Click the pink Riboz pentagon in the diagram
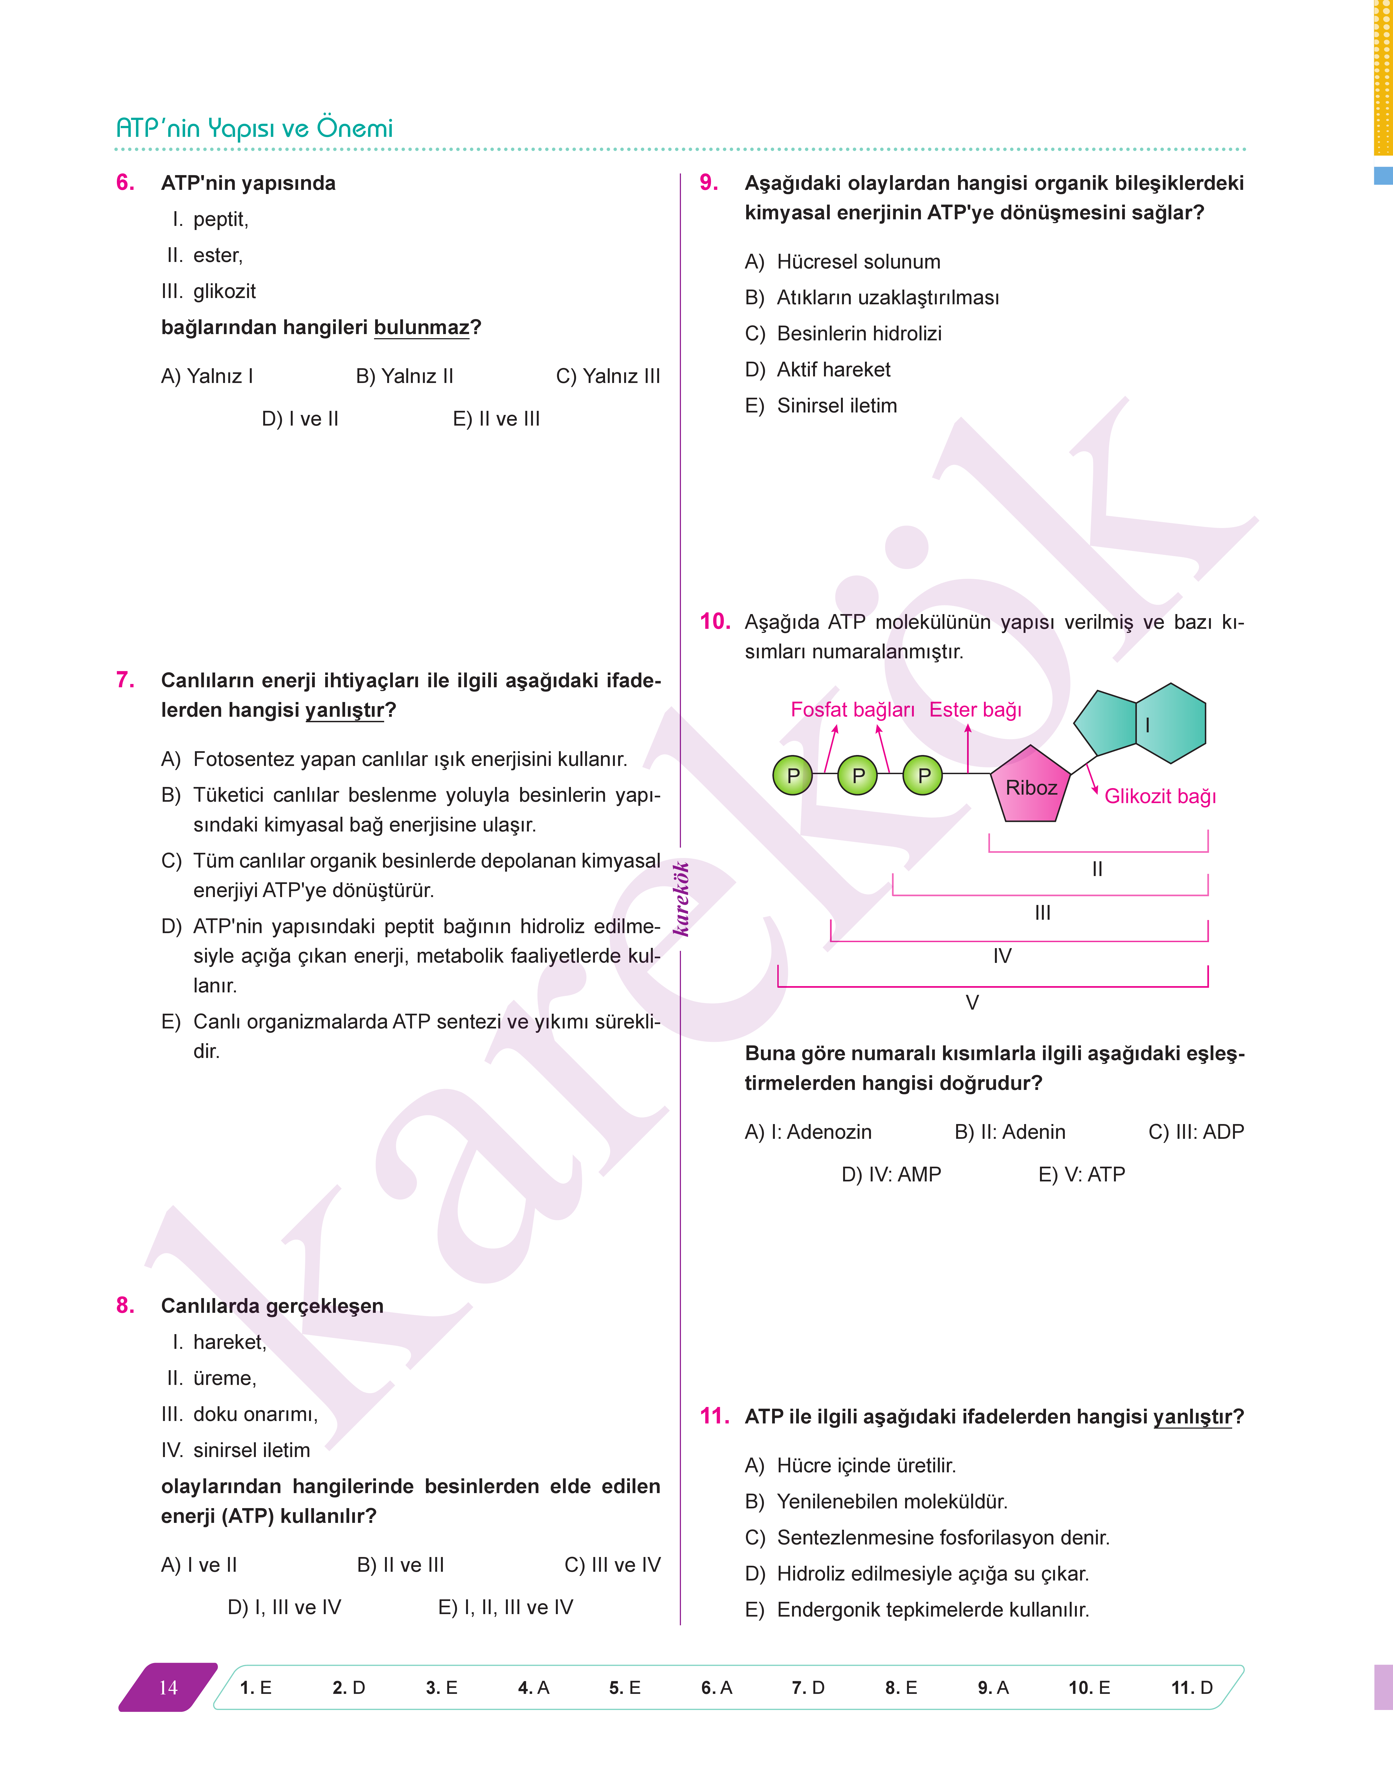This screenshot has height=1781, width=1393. (1030, 786)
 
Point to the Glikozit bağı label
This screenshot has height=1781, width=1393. (1159, 796)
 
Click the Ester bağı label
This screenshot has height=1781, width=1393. (975, 710)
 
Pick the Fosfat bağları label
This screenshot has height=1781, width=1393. (852, 710)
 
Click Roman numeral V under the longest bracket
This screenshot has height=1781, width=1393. (971, 1003)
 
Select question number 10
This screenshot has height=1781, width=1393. (715, 622)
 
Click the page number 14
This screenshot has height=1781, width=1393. (168, 1687)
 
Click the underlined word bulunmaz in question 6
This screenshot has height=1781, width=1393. (422, 328)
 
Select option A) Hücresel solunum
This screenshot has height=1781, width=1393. (843, 262)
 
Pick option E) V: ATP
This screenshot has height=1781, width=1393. (1081, 1175)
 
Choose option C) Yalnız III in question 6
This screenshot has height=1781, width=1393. (607, 376)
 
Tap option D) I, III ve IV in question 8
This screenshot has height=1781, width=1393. (284, 1607)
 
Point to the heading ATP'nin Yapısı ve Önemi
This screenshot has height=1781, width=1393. (254, 128)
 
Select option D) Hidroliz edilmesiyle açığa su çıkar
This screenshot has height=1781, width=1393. (917, 1574)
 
